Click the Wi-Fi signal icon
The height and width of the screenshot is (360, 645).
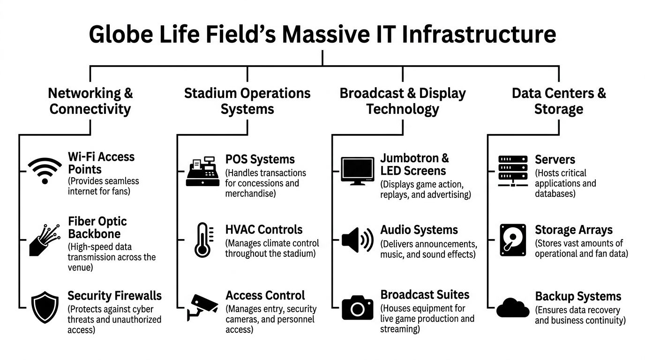(45, 171)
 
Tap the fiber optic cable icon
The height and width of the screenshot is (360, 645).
(45, 240)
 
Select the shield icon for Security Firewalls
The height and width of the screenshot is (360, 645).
(45, 307)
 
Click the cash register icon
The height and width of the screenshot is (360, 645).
(202, 172)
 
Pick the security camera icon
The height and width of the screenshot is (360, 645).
(202, 307)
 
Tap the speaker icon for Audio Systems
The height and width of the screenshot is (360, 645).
(357, 240)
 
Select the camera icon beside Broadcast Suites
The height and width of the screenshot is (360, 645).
(358, 307)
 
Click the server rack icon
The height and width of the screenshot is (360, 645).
(513, 172)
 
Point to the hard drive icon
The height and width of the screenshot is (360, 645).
(513, 240)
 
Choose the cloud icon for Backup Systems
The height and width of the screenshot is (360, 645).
(513, 307)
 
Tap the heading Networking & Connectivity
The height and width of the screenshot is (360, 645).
(90, 101)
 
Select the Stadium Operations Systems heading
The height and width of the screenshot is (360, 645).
(247, 101)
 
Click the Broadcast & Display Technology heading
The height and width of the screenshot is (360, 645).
(403, 101)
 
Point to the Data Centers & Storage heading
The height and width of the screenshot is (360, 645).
(559, 101)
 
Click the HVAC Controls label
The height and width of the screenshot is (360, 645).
(264, 230)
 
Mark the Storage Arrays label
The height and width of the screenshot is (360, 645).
(574, 230)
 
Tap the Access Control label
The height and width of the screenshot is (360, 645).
(265, 295)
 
